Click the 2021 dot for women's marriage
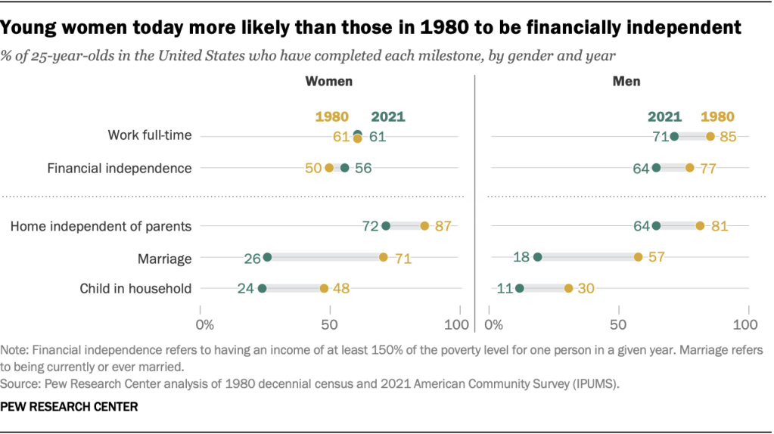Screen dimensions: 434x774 tap(267, 257)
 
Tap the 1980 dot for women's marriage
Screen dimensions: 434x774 tap(384, 257)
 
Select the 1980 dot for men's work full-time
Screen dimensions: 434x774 tap(710, 136)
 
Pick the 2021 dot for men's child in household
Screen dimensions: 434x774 tap(520, 288)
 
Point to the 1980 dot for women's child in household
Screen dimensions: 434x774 tap(324, 288)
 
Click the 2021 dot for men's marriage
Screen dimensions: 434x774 tap(538, 257)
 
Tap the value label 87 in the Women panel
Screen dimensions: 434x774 tap(443, 226)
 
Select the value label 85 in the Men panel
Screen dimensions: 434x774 tap(728, 137)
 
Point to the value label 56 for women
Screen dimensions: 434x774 tap(363, 169)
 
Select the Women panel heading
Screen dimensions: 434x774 tap(328, 81)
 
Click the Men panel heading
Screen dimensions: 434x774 tap(626, 81)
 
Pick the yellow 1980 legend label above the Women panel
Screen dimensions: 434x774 tap(331, 117)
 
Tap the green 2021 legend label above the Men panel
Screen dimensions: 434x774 tap(664, 117)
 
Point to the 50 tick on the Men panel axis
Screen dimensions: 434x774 tap(620, 324)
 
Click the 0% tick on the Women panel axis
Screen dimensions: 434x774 tap(204, 324)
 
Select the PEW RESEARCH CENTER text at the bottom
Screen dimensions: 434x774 tap(70, 407)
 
